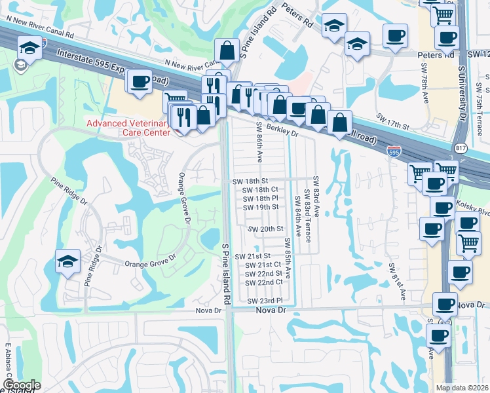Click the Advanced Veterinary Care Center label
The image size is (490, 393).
(128, 128)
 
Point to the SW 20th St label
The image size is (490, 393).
(265, 229)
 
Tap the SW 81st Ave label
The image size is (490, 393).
(392, 279)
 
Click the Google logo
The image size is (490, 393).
(21, 385)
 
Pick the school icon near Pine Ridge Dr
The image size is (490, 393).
(68, 261)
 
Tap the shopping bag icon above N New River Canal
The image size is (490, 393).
(226, 50)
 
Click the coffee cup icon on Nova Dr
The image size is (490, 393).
(446, 305)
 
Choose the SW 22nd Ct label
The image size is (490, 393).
(264, 282)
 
